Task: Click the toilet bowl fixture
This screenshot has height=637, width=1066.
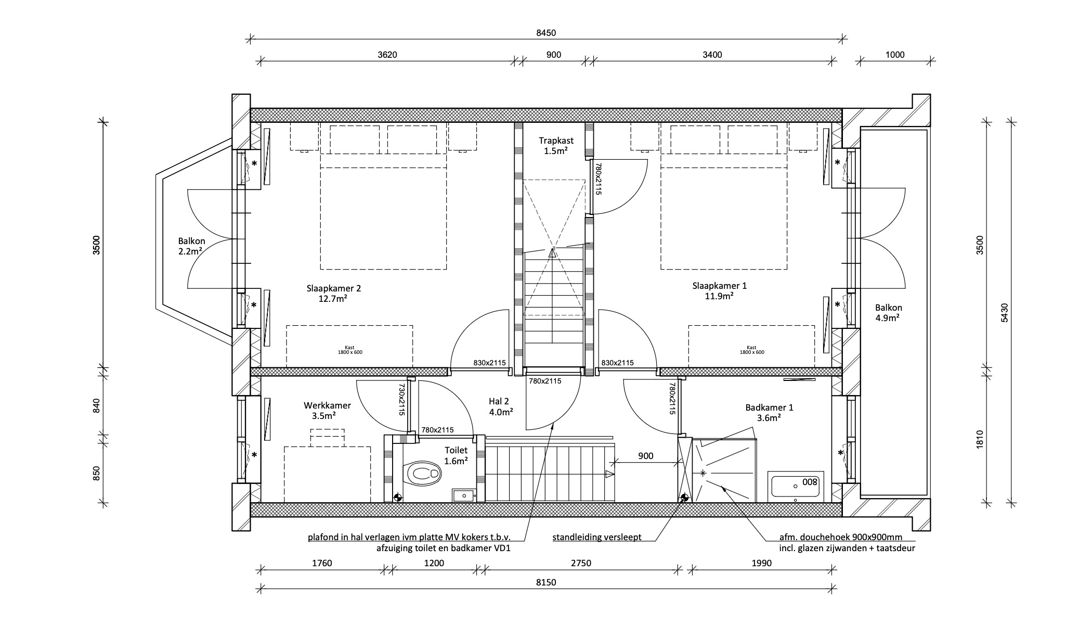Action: coord(424,474)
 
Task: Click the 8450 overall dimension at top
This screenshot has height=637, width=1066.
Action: coord(546,33)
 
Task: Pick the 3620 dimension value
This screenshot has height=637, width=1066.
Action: coord(387,55)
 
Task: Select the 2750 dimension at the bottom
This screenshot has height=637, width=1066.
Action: coord(581,563)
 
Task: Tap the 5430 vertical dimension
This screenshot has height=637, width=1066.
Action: coord(1004,313)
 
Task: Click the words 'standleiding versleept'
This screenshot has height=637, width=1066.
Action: coord(597,537)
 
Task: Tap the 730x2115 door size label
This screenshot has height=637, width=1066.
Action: coord(401,400)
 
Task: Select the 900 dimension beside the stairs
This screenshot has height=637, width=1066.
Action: coord(645,456)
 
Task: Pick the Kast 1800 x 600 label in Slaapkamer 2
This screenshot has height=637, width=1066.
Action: coord(350,350)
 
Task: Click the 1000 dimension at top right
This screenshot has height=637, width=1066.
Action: coord(895,55)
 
